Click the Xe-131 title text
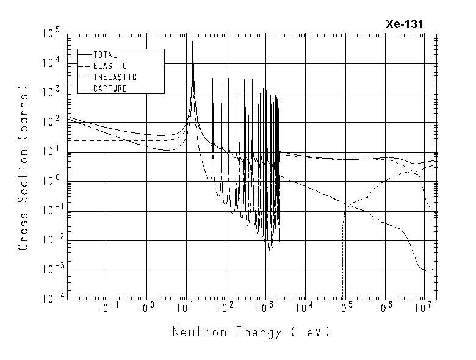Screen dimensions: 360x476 pos(404,24)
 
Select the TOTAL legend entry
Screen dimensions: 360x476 pos(104,55)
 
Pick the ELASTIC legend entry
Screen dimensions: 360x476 pos(110,66)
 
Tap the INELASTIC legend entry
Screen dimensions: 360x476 pos(115,77)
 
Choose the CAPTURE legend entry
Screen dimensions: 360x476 pos(110,88)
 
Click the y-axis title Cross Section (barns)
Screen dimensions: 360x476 pos(24,167)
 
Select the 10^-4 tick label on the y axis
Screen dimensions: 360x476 pos(51,299)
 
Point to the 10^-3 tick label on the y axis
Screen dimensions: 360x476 pos(51,270)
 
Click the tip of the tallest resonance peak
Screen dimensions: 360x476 pos(193,38)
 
